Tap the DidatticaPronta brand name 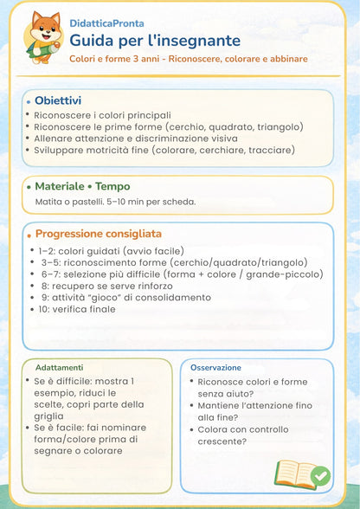[107, 23]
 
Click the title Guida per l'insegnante [154, 41]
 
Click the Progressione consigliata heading [98, 234]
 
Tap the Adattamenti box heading [59, 367]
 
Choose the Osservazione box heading [215, 367]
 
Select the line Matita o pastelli [114, 202]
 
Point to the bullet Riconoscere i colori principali [102, 114]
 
